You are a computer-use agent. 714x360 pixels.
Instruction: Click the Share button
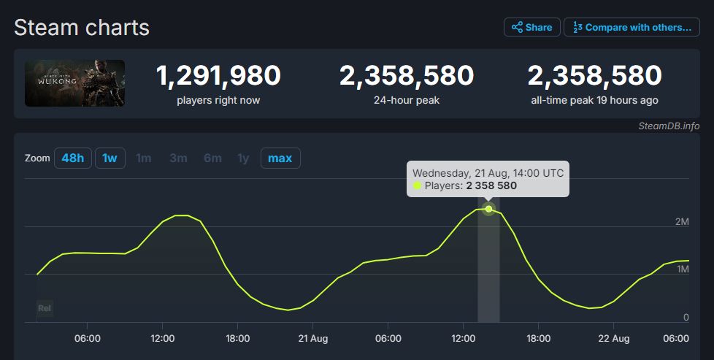[x=531, y=28]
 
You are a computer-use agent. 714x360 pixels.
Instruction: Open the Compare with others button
[x=632, y=28]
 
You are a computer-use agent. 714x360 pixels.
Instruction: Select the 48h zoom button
[x=72, y=158]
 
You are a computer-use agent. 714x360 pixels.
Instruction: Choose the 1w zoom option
[x=109, y=158]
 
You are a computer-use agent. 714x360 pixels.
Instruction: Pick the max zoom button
[x=280, y=158]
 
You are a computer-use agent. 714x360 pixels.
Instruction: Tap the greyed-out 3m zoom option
[x=178, y=158]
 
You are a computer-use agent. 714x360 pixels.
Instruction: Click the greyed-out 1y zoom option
[x=243, y=158]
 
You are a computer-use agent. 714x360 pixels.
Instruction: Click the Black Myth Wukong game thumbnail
[x=74, y=83]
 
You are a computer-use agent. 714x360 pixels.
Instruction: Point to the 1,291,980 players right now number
[x=218, y=76]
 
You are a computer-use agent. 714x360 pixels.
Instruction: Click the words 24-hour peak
[x=407, y=100]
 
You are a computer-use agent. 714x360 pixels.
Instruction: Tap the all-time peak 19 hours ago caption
[x=594, y=100]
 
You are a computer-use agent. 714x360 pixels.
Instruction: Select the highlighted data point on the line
[x=488, y=209]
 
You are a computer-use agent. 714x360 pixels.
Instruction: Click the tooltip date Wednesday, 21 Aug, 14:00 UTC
[x=488, y=173]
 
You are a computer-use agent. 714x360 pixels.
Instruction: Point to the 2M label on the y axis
[x=681, y=221]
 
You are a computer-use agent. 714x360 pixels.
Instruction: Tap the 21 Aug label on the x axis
[x=312, y=339]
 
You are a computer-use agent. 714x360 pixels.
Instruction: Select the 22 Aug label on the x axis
[x=614, y=339]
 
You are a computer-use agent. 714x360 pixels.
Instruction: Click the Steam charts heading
[x=82, y=28]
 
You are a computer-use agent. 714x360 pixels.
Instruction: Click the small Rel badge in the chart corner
[x=45, y=308]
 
